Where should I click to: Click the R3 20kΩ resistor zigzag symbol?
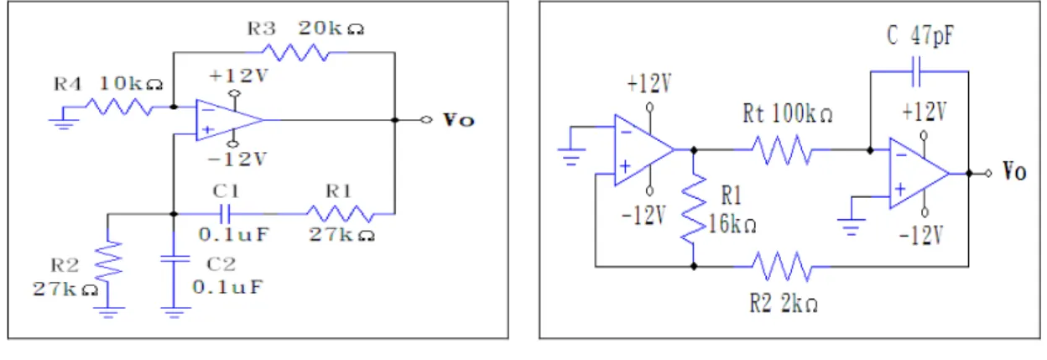tap(295, 52)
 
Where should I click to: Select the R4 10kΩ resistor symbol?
tap(119, 107)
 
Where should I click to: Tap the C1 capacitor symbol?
tap(225, 214)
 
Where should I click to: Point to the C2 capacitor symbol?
tap(174, 258)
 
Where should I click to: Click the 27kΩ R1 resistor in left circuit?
tap(341, 214)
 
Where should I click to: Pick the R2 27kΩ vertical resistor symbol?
tap(108, 263)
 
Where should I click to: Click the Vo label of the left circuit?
tap(459, 121)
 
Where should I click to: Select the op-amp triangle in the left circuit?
tap(229, 120)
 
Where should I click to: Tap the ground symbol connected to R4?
tap(63, 123)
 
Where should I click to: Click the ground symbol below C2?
tap(174, 313)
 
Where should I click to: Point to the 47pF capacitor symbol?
tap(916, 71)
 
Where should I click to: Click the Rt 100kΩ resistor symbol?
tap(782, 150)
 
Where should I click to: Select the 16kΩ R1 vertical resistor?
tap(694, 208)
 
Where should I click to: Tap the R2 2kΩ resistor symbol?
tap(782, 267)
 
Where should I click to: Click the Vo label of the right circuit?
tap(1015, 171)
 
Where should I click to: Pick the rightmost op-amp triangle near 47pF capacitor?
tap(919, 174)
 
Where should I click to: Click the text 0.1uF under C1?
tap(234, 234)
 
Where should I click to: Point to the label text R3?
tap(261, 29)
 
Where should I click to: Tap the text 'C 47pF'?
tap(919, 35)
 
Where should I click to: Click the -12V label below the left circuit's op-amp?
tap(237, 159)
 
